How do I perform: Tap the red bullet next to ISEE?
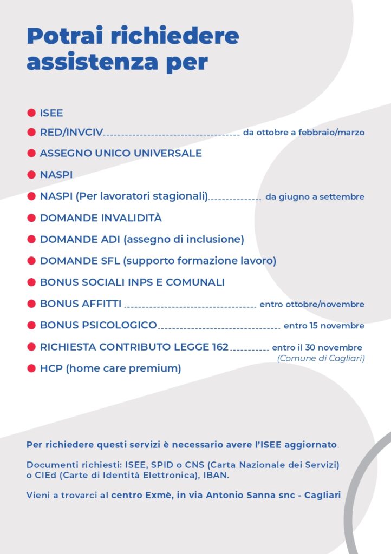pyautogui.click(x=31, y=113)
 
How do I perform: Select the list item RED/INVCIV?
pyautogui.click(x=71, y=133)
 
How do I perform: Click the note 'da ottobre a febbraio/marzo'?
pyautogui.click(x=303, y=132)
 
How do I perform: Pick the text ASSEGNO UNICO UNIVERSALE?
pyautogui.click(x=121, y=153)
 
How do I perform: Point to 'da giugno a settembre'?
pyautogui.click(x=315, y=197)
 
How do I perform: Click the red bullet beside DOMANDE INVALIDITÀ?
pyautogui.click(x=31, y=218)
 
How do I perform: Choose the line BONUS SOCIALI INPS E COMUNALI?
pyautogui.click(x=132, y=282)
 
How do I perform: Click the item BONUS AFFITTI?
pyautogui.click(x=81, y=304)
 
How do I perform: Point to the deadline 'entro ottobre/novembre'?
pyautogui.click(x=312, y=305)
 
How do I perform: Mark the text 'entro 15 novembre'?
pyautogui.click(x=324, y=326)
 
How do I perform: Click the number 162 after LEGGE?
pyautogui.click(x=218, y=347)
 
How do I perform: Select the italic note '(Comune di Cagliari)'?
pyautogui.click(x=321, y=358)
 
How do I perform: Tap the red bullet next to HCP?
pyautogui.click(x=31, y=369)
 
